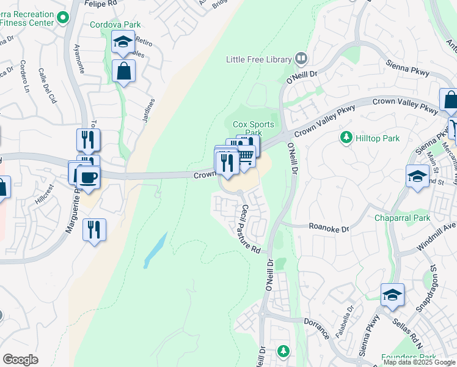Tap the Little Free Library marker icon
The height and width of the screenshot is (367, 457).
click(301, 59)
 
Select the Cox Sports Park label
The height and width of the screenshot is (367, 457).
click(252, 128)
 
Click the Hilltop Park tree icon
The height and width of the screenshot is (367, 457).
click(347, 138)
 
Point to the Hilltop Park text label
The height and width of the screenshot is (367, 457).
click(378, 138)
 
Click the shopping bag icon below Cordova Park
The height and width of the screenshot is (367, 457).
click(124, 71)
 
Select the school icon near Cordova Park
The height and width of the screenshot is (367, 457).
click(123, 42)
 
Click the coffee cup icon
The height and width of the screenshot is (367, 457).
click(89, 177)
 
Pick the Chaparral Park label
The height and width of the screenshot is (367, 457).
click(403, 218)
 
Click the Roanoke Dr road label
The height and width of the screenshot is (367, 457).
click(329, 228)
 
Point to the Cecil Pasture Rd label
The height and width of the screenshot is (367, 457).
click(250, 229)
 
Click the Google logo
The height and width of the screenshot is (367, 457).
click(20, 360)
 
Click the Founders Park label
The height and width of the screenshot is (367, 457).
click(408, 357)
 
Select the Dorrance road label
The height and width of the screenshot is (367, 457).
click(316, 327)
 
